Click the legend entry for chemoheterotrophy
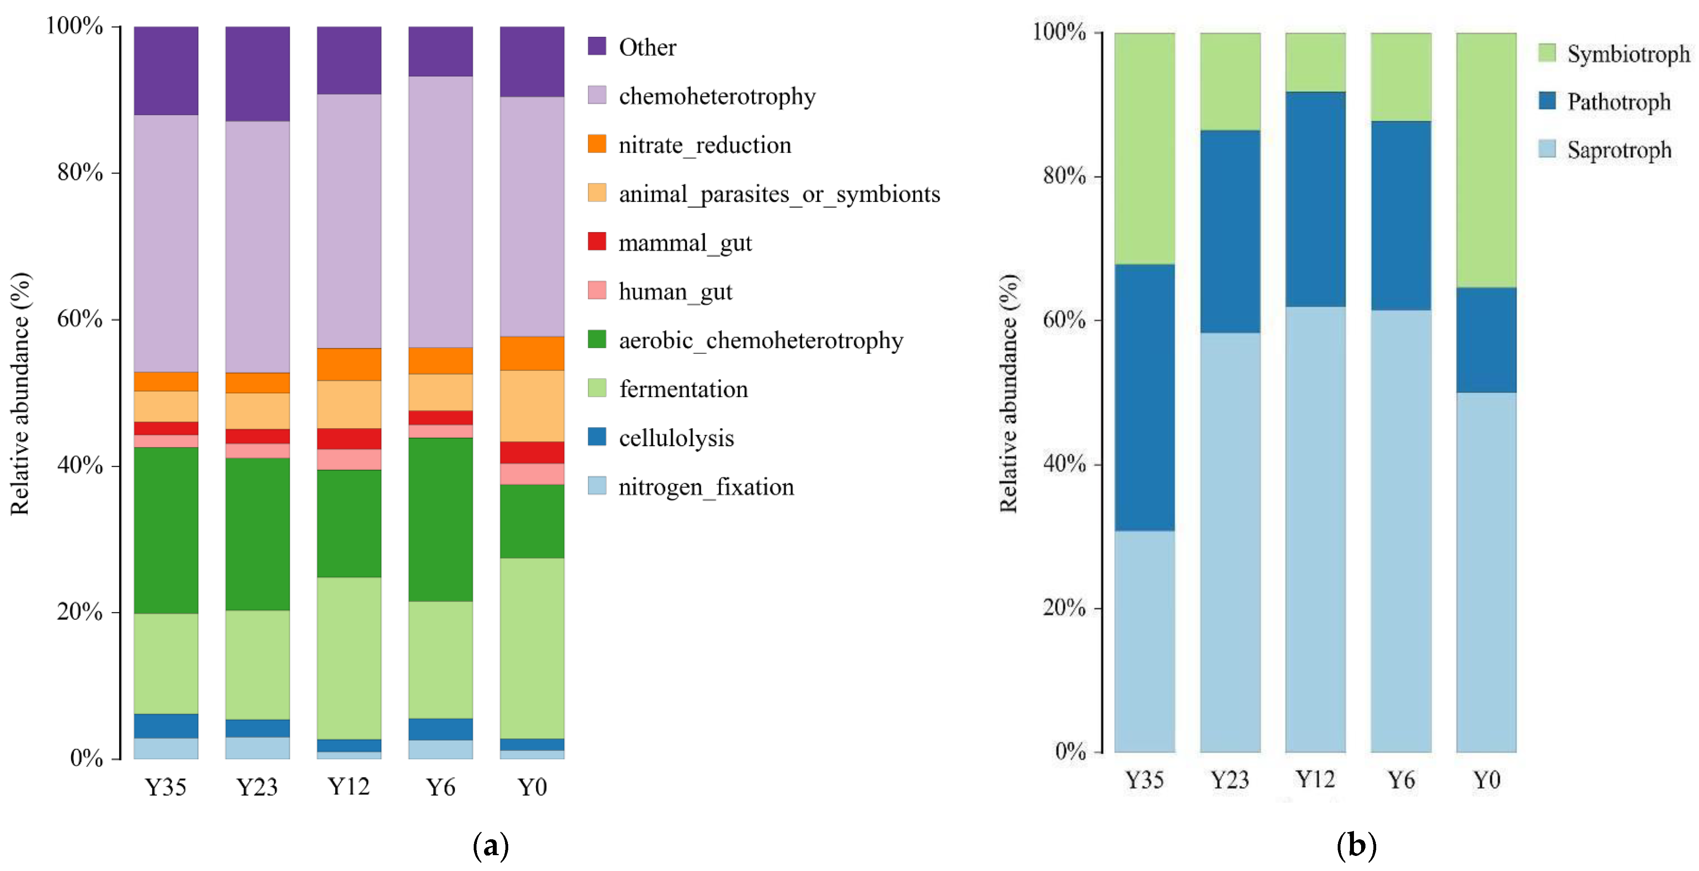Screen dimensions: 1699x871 (702, 96)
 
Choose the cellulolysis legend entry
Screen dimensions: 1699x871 (661, 438)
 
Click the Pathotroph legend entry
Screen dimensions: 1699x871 (1604, 102)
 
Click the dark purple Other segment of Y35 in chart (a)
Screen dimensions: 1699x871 (166, 71)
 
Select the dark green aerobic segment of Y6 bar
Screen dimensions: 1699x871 (441, 519)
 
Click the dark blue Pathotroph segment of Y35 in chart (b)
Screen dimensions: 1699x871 (1144, 398)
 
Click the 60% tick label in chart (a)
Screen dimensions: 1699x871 (80, 319)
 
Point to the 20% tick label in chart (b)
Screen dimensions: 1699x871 (1064, 607)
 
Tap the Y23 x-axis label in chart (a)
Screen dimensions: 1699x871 (257, 787)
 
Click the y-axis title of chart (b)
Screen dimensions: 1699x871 (1009, 393)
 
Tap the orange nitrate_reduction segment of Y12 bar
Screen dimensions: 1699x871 (349, 364)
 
